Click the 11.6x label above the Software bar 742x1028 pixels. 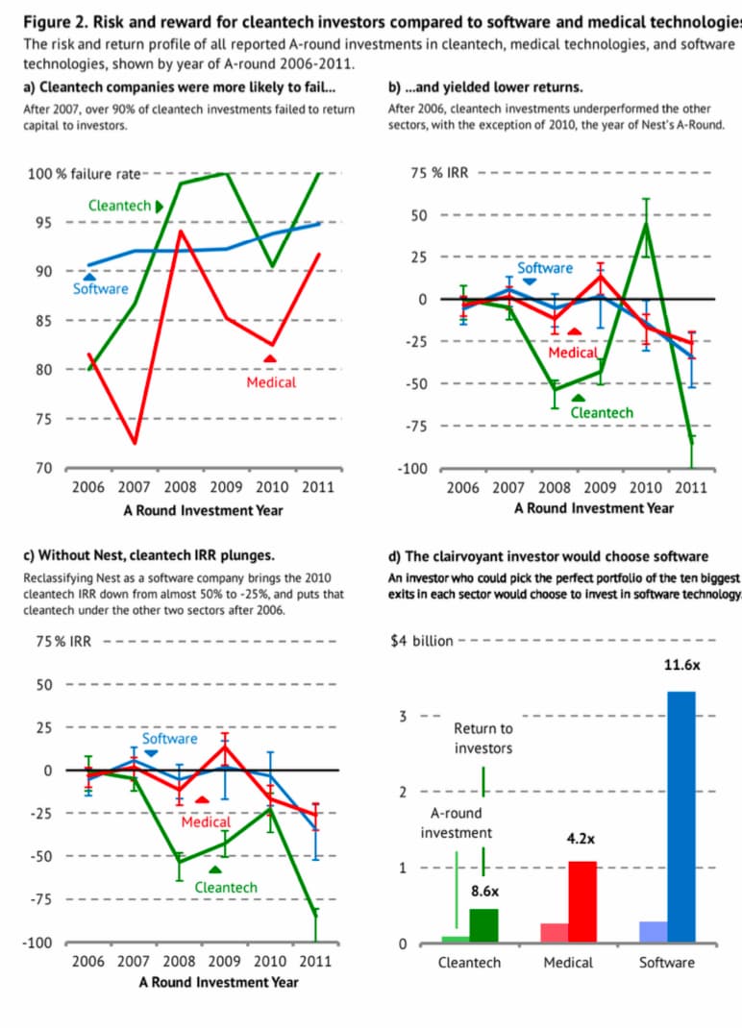click(682, 665)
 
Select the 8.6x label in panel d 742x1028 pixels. click(484, 892)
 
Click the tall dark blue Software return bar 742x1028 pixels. click(681, 817)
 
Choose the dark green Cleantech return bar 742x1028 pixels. click(483, 925)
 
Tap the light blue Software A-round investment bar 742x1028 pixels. click(654, 932)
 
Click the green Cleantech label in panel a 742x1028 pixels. click(119, 206)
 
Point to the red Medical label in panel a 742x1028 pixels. click(271, 382)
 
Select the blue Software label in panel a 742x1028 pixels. click(100, 288)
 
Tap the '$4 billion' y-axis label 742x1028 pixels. click(421, 641)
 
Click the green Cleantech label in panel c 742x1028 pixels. click(226, 887)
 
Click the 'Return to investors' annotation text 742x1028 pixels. click(483, 738)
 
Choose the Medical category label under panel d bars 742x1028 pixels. click(568, 962)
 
